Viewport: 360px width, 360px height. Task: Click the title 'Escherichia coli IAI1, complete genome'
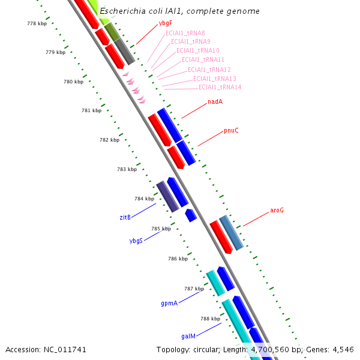pos(179,11)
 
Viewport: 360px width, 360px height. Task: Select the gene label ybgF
pos(166,23)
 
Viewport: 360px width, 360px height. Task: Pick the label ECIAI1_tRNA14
pos(220,88)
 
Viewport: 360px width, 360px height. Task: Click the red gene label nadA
pos(215,101)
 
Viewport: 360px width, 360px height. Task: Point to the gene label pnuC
pos(231,130)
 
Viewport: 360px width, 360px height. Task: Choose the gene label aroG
pos(277,211)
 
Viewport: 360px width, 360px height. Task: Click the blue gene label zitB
pos(124,217)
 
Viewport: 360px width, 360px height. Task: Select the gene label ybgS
pos(136,241)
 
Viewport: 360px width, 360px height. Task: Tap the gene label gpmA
pos(169,304)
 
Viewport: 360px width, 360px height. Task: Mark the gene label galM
pos(188,337)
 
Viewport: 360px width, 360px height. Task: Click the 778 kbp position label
pos(37,23)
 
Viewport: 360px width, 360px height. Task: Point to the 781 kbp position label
pos(91,110)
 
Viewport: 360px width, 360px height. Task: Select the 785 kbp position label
pos(161,229)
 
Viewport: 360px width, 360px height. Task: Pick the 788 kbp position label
pos(210,319)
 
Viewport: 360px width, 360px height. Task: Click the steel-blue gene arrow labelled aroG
pos(231,232)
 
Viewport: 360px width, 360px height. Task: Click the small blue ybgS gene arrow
pos(191,215)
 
